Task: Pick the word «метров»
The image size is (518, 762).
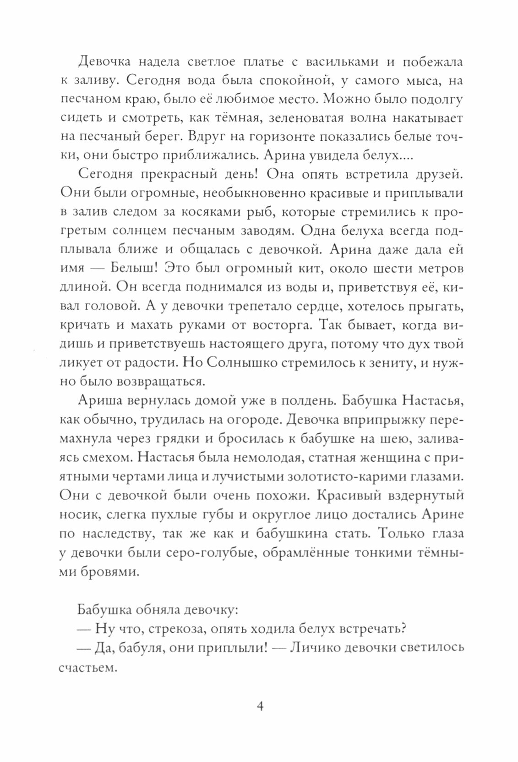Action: pyautogui.click(x=436, y=268)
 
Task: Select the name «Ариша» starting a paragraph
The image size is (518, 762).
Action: pyautogui.click(x=98, y=400)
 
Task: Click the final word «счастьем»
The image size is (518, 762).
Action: pyautogui.click(x=86, y=667)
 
